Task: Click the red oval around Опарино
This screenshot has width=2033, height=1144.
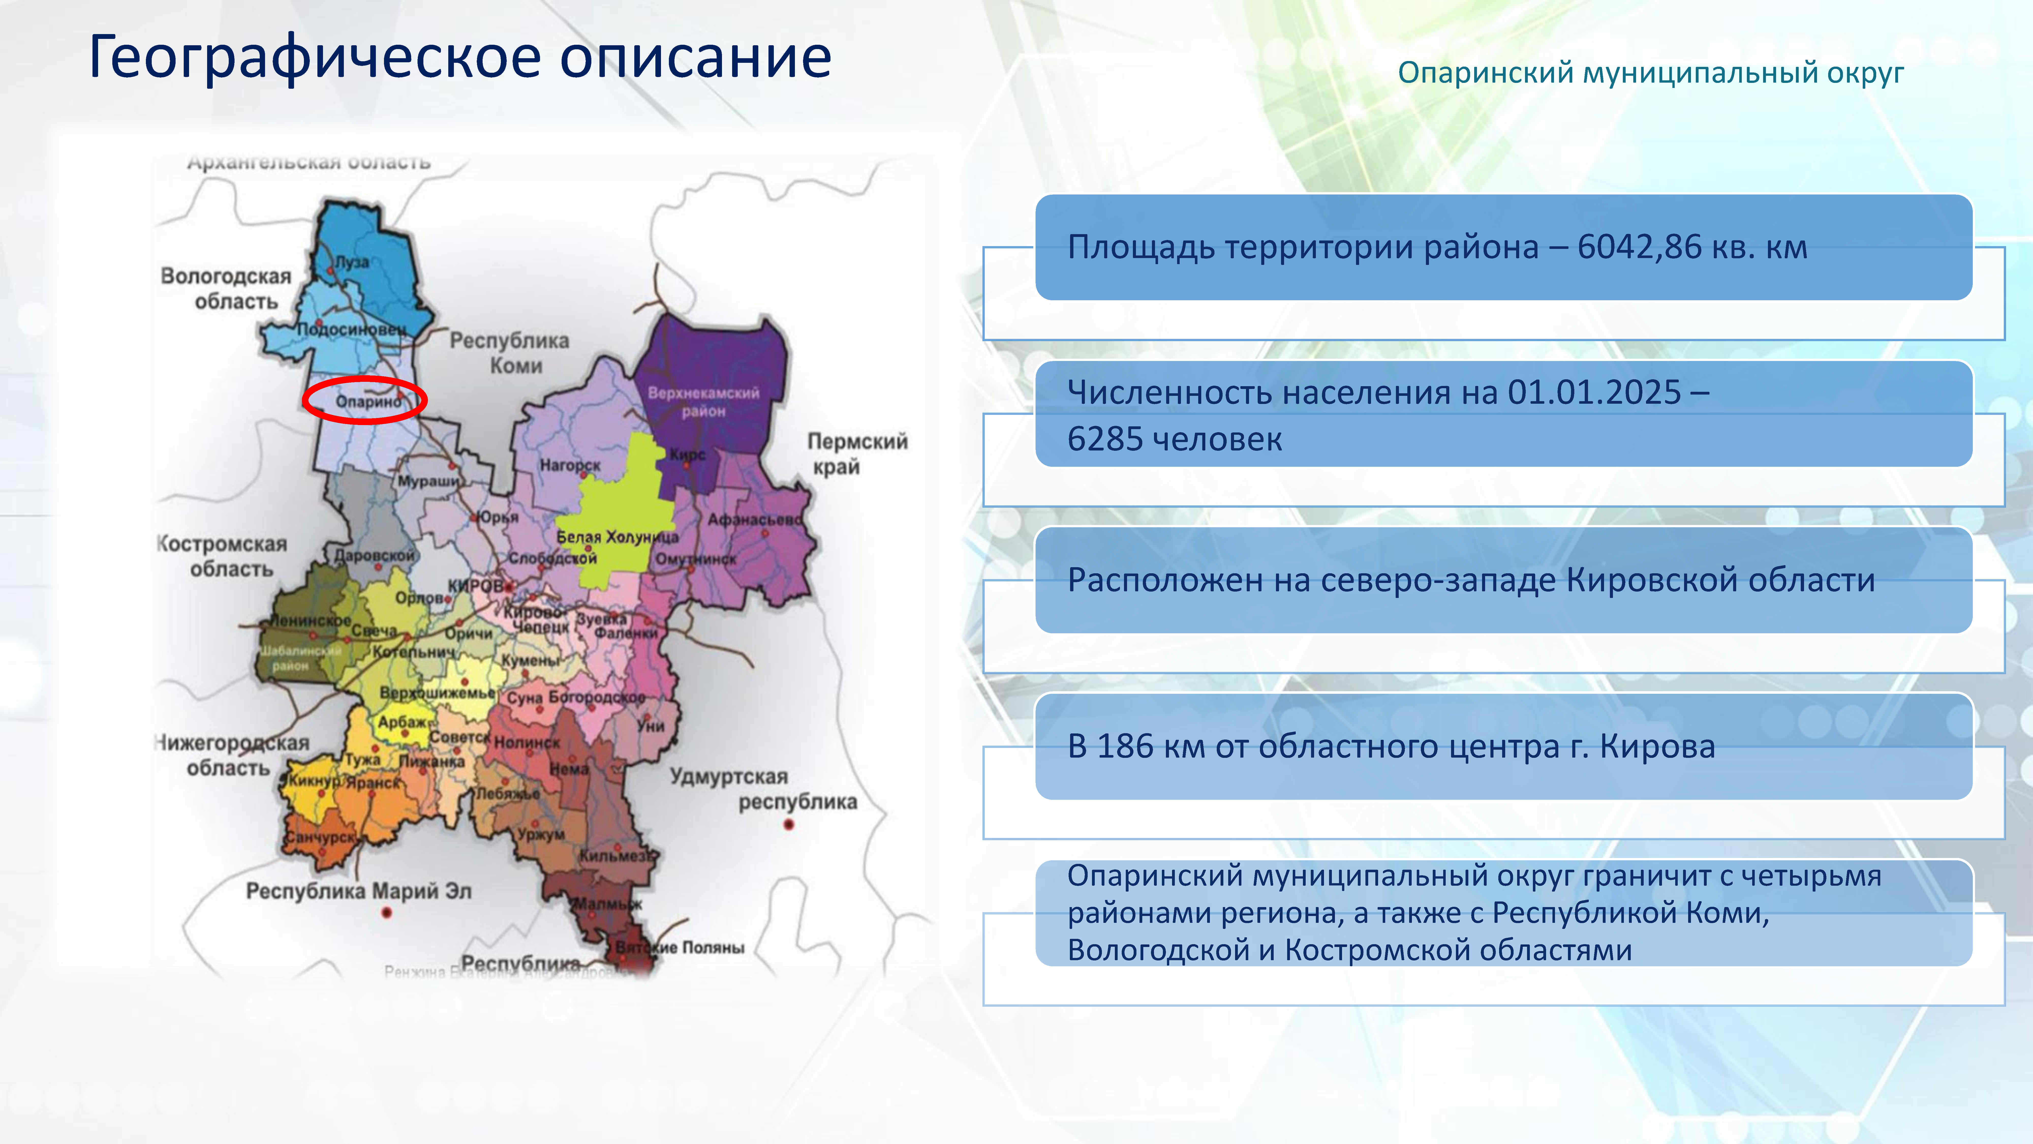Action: click(365, 400)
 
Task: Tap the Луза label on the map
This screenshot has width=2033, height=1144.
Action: click(352, 262)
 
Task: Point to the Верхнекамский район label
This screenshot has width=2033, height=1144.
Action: click(703, 401)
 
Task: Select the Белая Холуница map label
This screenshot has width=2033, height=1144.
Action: click(617, 537)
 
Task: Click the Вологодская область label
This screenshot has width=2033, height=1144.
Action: click(226, 288)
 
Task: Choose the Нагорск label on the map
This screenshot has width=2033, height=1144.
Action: click(570, 465)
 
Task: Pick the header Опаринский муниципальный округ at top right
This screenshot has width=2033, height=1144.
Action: click(1650, 73)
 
